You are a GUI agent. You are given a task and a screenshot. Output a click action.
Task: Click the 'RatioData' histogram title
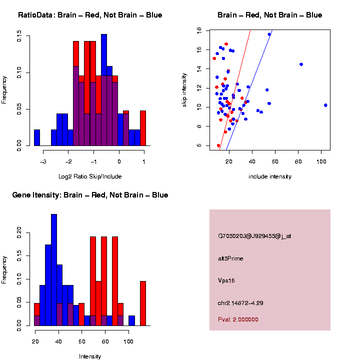[x=90, y=15]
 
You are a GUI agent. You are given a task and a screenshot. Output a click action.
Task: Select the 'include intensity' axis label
[x=270, y=176]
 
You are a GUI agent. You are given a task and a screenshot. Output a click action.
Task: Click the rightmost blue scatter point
[x=325, y=105]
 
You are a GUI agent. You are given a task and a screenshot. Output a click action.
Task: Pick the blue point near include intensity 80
[x=301, y=64]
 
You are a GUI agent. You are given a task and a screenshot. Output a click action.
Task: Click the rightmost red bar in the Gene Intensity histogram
[x=143, y=303]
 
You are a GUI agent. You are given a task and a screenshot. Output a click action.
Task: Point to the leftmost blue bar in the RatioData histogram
[x=37, y=137]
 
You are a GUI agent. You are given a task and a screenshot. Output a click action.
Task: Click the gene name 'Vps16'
[x=226, y=280]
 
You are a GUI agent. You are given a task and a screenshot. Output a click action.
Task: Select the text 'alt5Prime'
[x=230, y=258]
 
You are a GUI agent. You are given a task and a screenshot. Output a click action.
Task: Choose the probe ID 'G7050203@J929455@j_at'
[x=254, y=236]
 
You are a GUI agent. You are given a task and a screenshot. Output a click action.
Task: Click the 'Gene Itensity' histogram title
[x=90, y=195]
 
